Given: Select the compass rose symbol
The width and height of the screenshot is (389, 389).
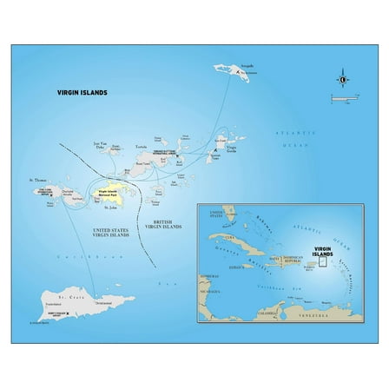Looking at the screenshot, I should click(343, 81).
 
